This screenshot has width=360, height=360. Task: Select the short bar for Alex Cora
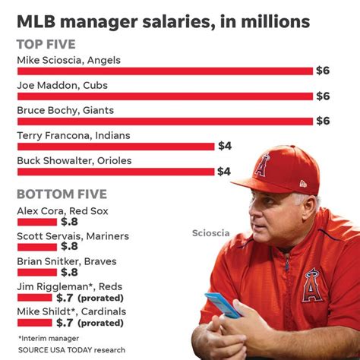point(36,222)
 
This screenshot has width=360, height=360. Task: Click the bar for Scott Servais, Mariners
point(36,246)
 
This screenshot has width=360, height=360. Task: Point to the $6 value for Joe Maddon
point(324,96)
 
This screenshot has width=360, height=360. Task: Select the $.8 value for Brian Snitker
point(70,272)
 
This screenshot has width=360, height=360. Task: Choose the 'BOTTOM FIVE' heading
point(62,194)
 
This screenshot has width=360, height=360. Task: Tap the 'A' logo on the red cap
point(264,164)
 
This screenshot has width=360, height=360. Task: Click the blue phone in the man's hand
point(223,305)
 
